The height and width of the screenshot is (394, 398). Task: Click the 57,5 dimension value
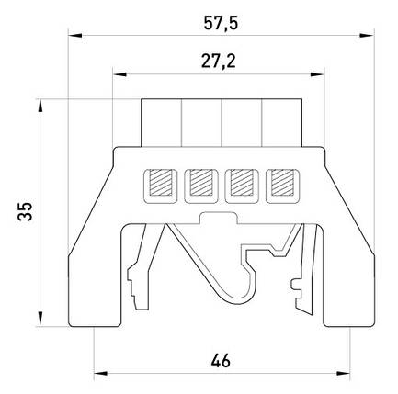click(x=221, y=24)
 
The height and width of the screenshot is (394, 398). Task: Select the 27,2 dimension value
click(x=219, y=61)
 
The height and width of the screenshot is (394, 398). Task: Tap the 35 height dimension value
click(x=25, y=211)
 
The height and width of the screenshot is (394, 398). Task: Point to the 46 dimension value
click(x=221, y=361)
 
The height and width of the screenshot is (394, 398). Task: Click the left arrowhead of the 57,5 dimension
click(x=75, y=36)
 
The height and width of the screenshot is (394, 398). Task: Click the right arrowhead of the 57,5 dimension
click(x=367, y=36)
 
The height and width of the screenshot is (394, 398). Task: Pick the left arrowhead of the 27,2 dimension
click(x=119, y=74)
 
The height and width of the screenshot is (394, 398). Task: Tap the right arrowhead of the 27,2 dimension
click(x=317, y=74)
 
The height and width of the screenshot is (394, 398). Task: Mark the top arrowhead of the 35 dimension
click(x=40, y=106)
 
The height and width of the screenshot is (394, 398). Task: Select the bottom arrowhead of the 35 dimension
click(x=40, y=319)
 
